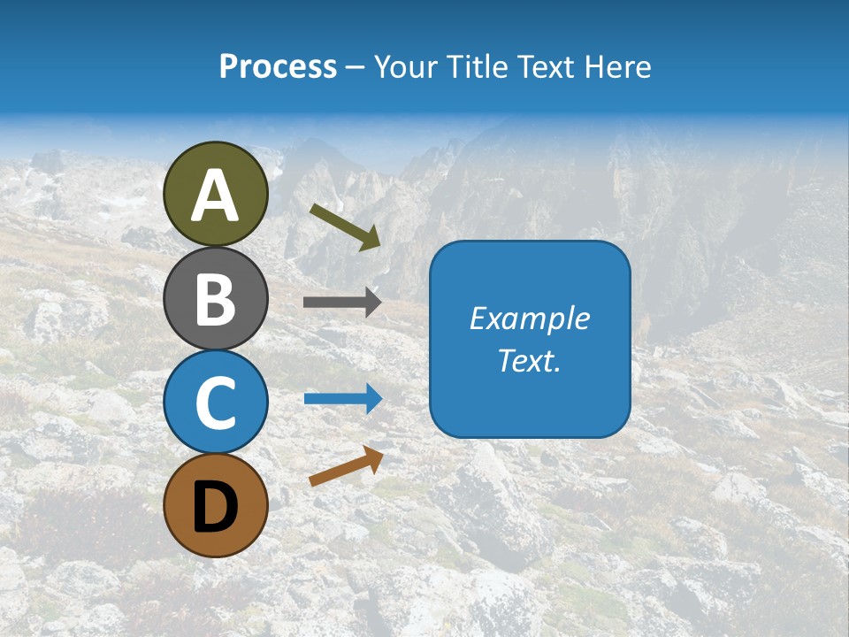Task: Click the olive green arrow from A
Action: coord(346,226)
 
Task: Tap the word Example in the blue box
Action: coord(530,318)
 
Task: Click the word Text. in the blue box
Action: coord(530,361)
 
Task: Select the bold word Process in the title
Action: coord(278,66)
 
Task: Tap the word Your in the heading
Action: coord(407,66)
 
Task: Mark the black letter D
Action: coord(216,508)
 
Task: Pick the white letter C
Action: coord(216,403)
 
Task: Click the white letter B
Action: coord(216,299)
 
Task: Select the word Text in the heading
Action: coord(546,66)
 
